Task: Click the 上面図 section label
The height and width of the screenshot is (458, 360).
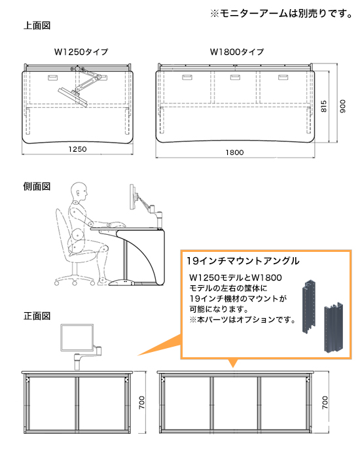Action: (x=37, y=26)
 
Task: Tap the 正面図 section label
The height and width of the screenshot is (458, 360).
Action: (x=37, y=316)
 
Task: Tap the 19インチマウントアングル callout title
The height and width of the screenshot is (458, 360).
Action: (x=243, y=260)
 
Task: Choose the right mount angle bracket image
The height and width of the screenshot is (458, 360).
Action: (x=335, y=327)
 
